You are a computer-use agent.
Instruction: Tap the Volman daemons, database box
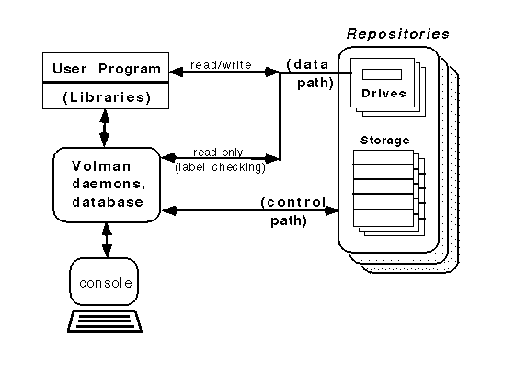tap(108, 184)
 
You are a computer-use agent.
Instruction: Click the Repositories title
tap(397, 34)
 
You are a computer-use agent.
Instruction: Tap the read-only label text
tap(218, 152)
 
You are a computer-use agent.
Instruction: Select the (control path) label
tap(292, 210)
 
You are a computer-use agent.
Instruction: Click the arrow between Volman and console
tap(108, 241)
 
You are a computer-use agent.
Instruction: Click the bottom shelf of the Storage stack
tap(382, 220)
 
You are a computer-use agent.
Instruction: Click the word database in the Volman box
tap(108, 201)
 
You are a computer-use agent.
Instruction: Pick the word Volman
tap(108, 166)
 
